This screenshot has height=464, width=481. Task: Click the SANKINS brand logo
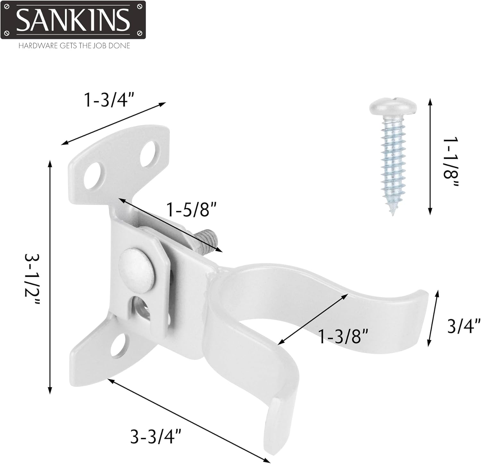[x=73, y=20]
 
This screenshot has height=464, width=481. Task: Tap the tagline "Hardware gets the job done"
[x=74, y=46]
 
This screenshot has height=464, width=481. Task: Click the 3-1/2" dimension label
[x=32, y=279]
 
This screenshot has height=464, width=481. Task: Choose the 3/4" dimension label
[x=464, y=326]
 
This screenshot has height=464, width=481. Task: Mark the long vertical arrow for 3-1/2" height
[x=50, y=277]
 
